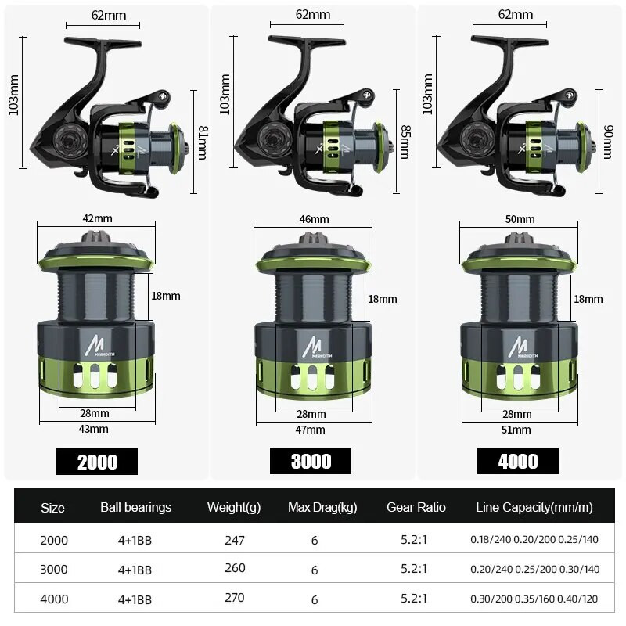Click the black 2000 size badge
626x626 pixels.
pyautogui.click(x=97, y=462)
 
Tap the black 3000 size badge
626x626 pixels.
pyautogui.click(x=311, y=461)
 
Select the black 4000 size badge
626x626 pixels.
pyautogui.click(x=518, y=461)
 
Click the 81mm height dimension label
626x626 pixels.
pyautogui.click(x=203, y=142)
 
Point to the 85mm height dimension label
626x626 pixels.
pyautogui.click(x=405, y=142)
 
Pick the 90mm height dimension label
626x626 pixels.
pyautogui.click(x=608, y=142)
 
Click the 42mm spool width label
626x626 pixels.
pyautogui.click(x=97, y=218)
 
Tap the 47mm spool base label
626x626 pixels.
pyautogui.click(x=310, y=430)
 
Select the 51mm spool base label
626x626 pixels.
pyautogui.click(x=516, y=430)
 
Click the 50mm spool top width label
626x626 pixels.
pyautogui.click(x=520, y=219)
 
